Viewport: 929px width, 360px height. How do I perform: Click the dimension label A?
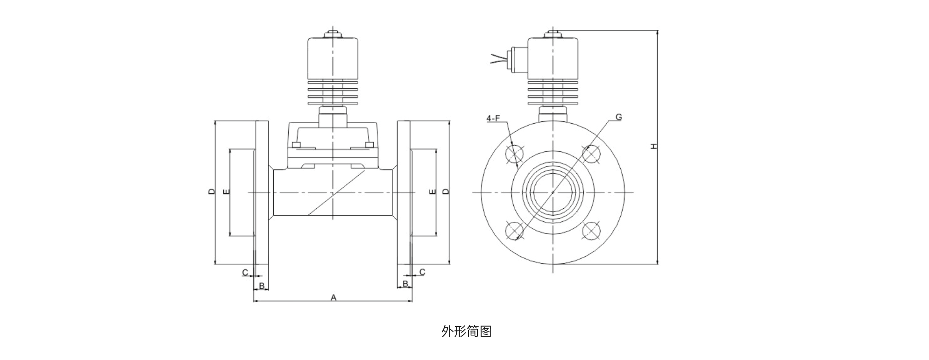(x=333, y=297)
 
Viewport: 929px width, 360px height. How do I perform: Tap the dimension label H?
(x=654, y=147)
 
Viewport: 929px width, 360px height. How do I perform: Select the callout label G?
(x=618, y=117)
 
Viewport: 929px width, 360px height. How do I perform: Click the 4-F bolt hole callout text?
(x=493, y=119)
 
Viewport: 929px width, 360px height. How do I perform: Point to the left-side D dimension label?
(x=212, y=191)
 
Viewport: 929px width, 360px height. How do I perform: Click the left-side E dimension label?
(x=227, y=191)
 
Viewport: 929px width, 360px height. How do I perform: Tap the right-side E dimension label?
(x=432, y=191)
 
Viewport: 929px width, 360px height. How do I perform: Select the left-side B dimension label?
(x=262, y=285)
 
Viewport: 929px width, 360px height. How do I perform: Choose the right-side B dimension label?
(x=405, y=283)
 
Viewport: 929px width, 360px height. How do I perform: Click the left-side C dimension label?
(x=245, y=272)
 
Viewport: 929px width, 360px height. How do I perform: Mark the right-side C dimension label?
(x=422, y=272)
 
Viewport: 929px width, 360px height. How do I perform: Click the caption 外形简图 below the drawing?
(x=466, y=332)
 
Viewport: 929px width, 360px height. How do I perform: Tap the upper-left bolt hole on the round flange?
(x=514, y=154)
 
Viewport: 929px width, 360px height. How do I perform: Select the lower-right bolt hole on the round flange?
(x=591, y=231)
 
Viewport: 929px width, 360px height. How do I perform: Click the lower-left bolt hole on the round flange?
(x=514, y=231)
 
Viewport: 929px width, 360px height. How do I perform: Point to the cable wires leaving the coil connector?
(x=499, y=59)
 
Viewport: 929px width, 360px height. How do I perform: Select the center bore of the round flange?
(x=553, y=192)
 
